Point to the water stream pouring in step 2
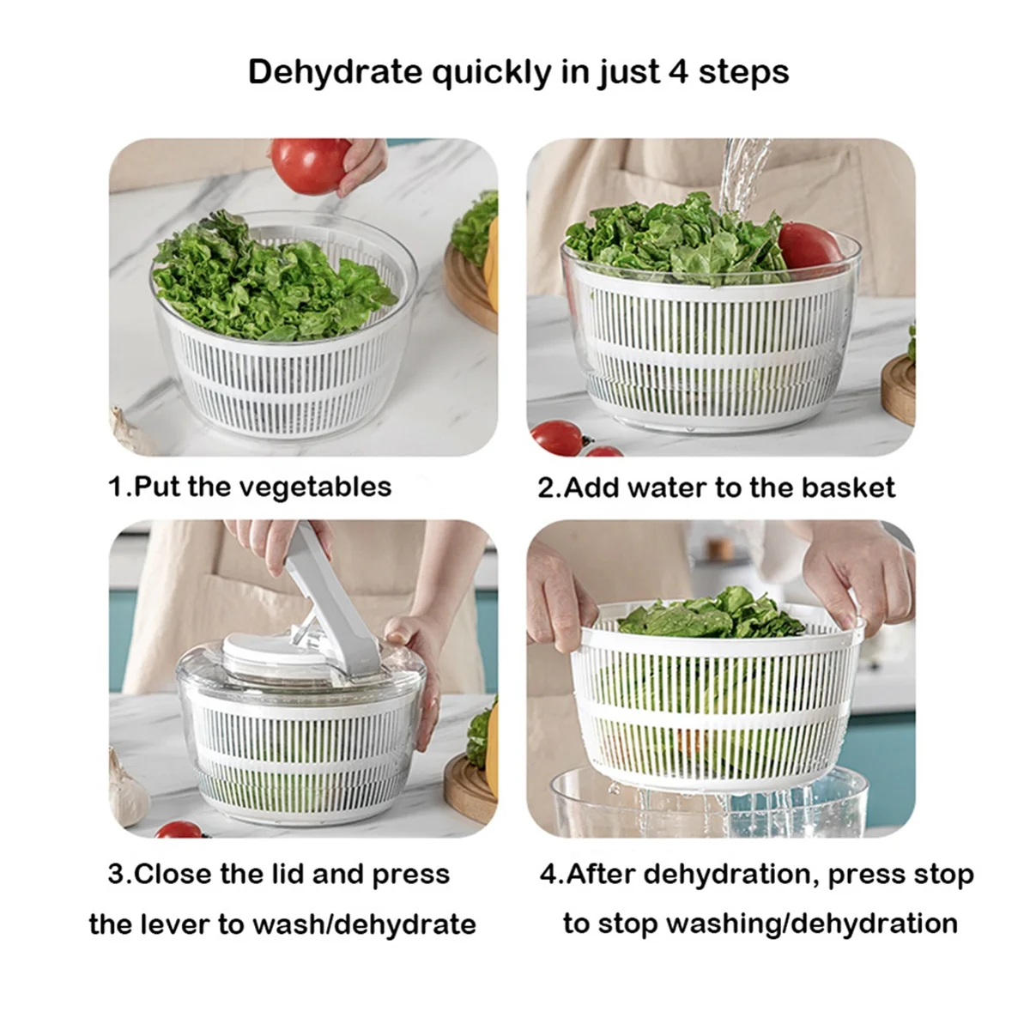(736, 176)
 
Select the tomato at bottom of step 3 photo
(179, 829)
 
